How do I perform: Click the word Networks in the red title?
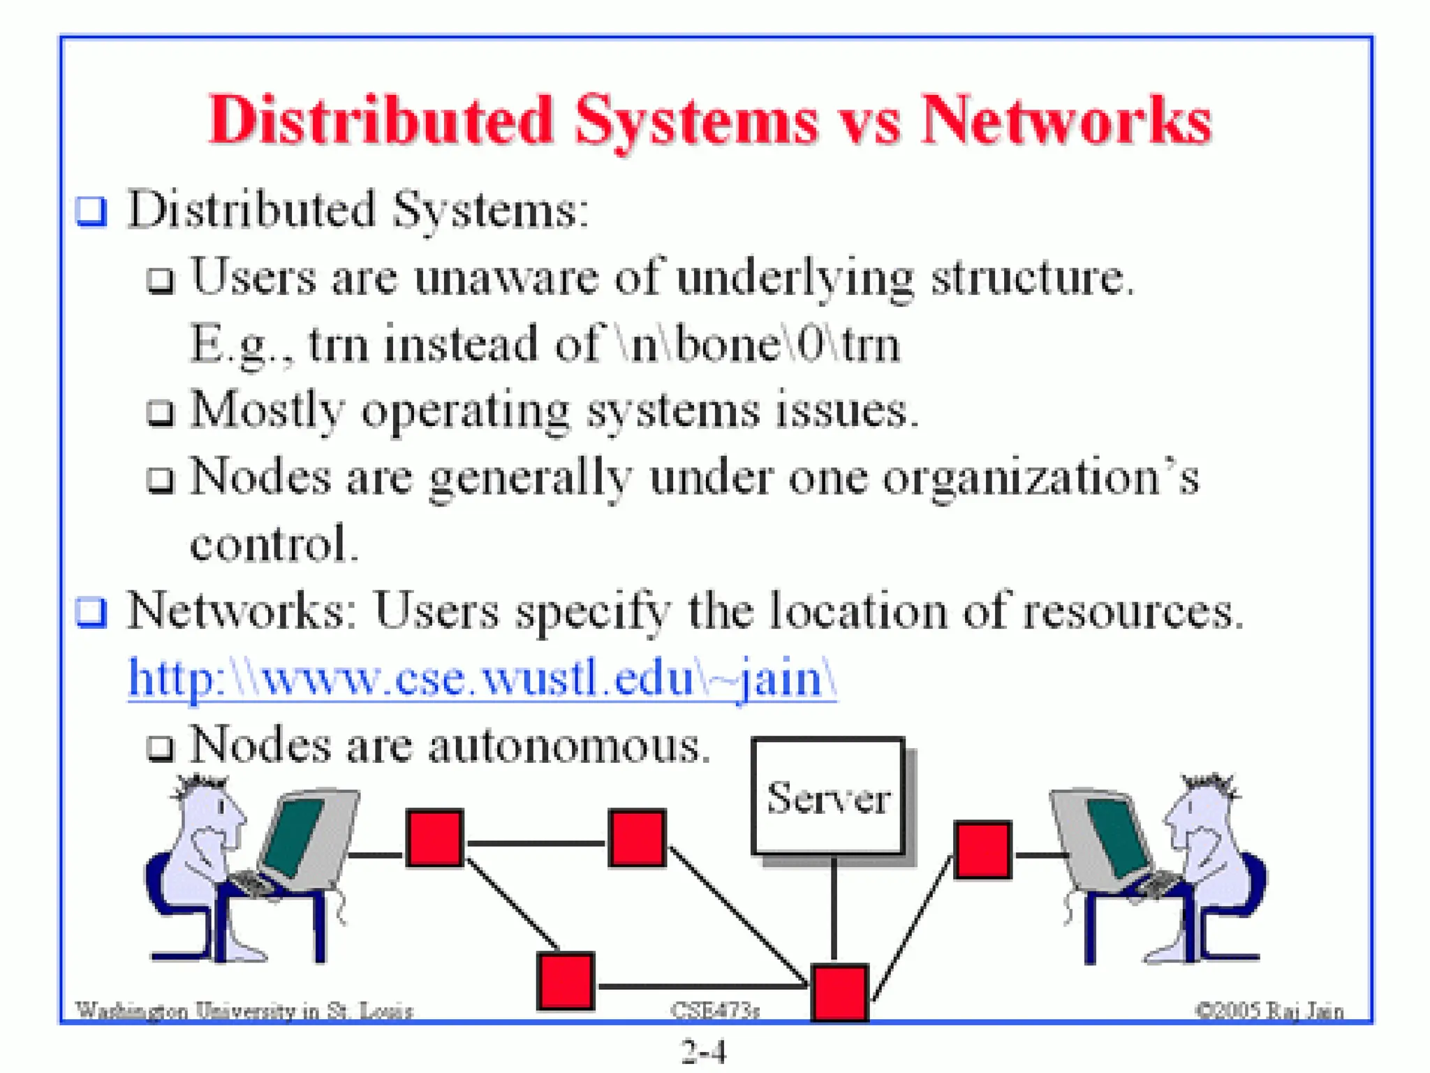pos(1066,120)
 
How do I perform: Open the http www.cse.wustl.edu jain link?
pos(482,678)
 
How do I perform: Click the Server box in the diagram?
pos(828,796)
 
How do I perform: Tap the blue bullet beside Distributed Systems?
pos(91,210)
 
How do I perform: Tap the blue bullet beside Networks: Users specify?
pos(91,613)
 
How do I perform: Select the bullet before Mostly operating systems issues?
pos(161,412)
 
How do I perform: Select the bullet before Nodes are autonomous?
pos(161,748)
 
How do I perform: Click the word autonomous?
pos(568,746)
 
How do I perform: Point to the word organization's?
pos(1040,479)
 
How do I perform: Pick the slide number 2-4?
pos(704,1051)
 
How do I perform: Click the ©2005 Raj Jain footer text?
pos(1269,1010)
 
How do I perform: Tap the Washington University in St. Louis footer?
pos(244,1010)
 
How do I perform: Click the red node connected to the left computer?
pos(435,838)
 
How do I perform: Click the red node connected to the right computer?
pos(982,849)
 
